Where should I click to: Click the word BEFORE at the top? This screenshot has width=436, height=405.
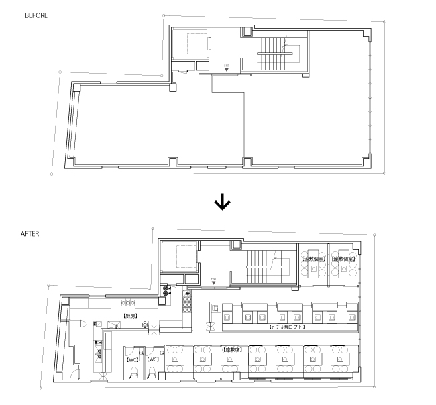[36, 14]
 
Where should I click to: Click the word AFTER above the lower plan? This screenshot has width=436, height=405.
[30, 234]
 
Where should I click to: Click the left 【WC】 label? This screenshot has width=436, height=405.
[132, 359]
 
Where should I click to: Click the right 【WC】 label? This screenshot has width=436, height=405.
[153, 359]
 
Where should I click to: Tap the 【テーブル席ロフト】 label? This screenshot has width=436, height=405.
[287, 327]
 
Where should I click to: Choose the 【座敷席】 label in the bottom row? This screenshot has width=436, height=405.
[230, 349]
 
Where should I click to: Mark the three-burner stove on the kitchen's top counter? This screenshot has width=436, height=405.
[127, 302]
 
